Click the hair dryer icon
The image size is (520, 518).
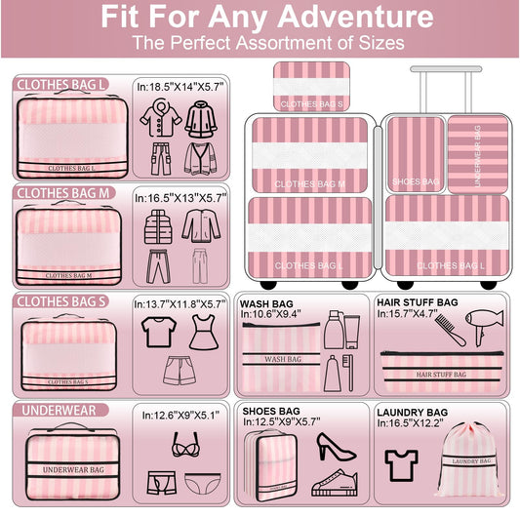[x=482, y=326]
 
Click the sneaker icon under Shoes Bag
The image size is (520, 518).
[x=335, y=481]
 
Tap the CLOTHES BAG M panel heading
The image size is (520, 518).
[x=63, y=193]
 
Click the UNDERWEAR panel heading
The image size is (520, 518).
[x=57, y=410]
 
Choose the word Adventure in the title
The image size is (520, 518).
[x=339, y=17]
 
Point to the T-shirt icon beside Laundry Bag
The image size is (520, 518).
[x=401, y=464]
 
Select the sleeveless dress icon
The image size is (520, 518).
[x=202, y=332]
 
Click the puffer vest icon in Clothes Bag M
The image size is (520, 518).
[x=158, y=226]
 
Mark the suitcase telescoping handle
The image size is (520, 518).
[x=446, y=88]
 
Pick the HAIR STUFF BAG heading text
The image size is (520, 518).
[x=417, y=302]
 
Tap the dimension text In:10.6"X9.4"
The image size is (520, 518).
[x=271, y=314]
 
